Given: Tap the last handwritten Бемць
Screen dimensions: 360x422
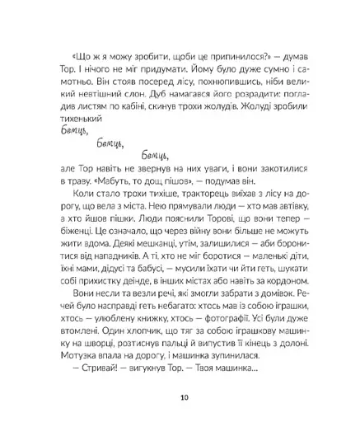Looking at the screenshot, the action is click(x=155, y=157).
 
